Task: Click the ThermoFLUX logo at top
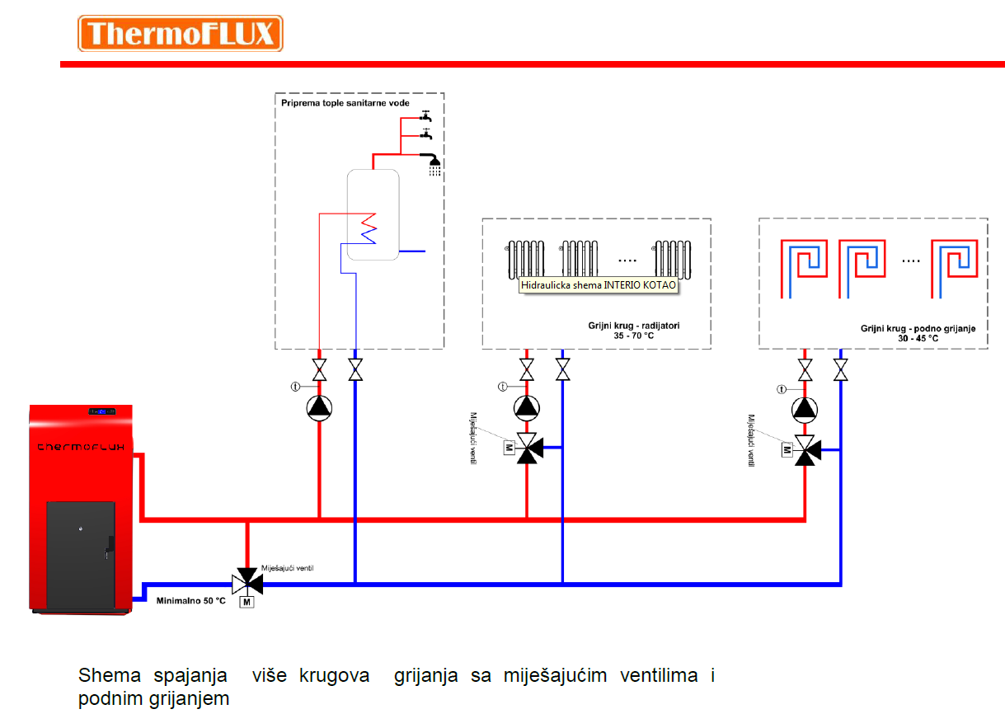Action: tap(180, 34)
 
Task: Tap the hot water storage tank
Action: tap(372, 214)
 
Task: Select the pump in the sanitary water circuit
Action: tap(319, 406)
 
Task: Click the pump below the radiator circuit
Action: tap(526, 406)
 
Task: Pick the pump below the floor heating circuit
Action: tap(805, 407)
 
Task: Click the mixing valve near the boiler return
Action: tap(247, 580)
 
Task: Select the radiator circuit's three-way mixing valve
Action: tap(527, 448)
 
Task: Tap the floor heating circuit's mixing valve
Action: tap(805, 449)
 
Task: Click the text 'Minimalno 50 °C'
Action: tap(190, 601)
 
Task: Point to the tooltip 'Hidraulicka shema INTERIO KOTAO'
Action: tap(599, 285)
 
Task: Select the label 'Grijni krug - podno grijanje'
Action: tap(918, 328)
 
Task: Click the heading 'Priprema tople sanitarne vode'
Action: tap(345, 104)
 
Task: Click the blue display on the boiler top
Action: tap(102, 411)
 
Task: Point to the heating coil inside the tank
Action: tap(367, 227)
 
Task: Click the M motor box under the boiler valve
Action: tap(246, 603)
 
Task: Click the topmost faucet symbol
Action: tap(425, 117)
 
